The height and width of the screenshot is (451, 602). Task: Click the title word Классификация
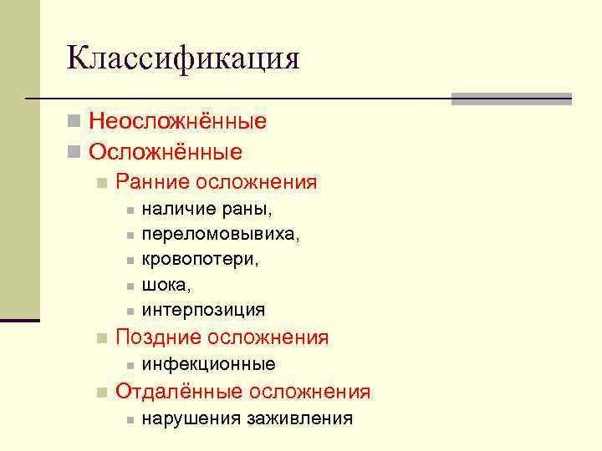pos(183,58)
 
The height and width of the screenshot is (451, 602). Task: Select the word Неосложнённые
pos(178,122)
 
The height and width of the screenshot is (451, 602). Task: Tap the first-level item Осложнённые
pos(166,152)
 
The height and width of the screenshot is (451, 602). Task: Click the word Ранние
pos(153,182)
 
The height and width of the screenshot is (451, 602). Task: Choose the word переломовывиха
pos(221,234)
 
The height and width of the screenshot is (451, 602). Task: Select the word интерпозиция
pos(203,310)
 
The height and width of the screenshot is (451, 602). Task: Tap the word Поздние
pos(157,337)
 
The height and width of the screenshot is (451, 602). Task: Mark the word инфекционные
pos(209,364)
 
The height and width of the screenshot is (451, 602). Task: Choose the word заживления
pos(299,418)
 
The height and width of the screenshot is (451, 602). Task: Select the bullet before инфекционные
pos(130,365)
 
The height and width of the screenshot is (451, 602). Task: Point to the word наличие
pos(174,209)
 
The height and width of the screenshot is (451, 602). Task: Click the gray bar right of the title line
pos(511,99)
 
